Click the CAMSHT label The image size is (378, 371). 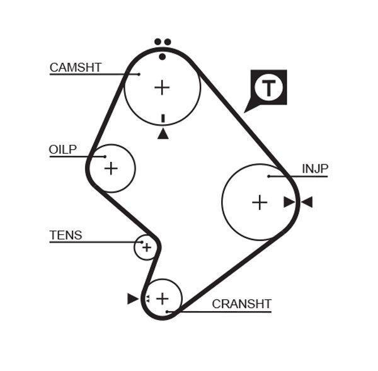tap(76, 67)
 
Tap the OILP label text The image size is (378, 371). tap(62, 149)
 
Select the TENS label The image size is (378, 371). tap(66, 236)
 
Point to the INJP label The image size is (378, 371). tap(314, 169)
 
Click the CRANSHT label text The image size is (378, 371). tap(241, 304)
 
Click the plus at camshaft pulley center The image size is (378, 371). tap(163, 87)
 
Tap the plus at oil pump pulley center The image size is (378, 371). tap(111, 168)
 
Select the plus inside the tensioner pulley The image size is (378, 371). tap(146, 248)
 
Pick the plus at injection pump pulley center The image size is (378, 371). tap(260, 202)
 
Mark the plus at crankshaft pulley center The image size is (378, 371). tap(163, 298)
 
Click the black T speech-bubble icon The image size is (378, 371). tap(269, 88)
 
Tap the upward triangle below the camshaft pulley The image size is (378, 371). tap(163, 134)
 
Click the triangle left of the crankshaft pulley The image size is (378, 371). tap(132, 299)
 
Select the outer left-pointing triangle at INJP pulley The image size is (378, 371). tap(307, 202)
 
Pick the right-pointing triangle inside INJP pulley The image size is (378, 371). tap(289, 202)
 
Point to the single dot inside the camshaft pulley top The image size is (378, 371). tap(163, 57)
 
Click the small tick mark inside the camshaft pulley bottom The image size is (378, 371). tap(163, 118)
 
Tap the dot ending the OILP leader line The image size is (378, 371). tap(105, 156)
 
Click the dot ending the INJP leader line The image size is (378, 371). tap(268, 176)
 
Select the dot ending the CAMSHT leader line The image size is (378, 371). tap(139, 74)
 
